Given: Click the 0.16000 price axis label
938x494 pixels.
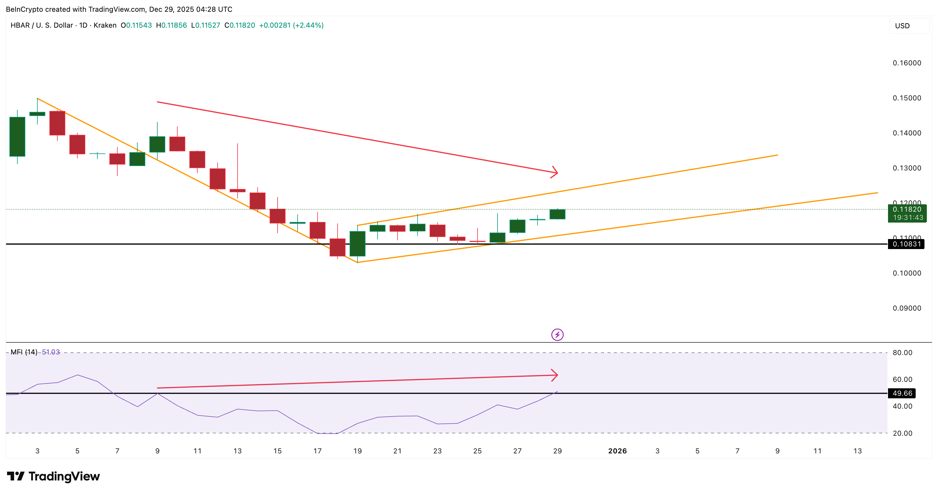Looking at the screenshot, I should (x=907, y=63).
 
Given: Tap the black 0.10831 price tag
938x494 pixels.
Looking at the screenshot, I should (x=906, y=244).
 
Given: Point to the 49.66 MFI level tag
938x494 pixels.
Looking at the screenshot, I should (x=902, y=393).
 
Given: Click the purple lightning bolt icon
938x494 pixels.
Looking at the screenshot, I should (x=557, y=334).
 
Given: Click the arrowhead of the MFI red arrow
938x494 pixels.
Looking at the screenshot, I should (x=555, y=375).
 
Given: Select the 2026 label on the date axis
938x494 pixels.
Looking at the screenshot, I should (x=617, y=451).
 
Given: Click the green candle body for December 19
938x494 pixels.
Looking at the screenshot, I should (x=357, y=243).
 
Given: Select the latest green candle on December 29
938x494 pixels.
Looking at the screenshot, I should (x=557, y=214).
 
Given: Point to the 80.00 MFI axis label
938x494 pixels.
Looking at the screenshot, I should (x=902, y=353).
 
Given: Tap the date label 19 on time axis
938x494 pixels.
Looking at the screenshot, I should (x=357, y=451).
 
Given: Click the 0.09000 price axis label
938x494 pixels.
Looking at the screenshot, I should (x=907, y=308).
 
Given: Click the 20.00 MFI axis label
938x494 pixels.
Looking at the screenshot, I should (x=902, y=433).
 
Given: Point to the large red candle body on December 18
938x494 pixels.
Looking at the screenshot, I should (x=337, y=247).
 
